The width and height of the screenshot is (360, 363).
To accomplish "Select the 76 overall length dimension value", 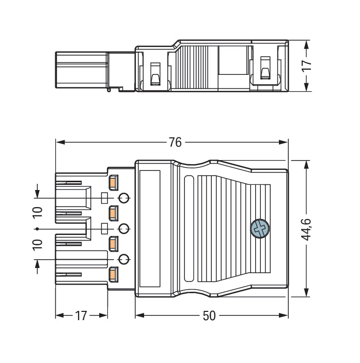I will (x=175, y=142).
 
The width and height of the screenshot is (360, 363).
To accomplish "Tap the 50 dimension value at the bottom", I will (x=209, y=316).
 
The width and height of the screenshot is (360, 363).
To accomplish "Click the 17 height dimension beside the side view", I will (x=307, y=65).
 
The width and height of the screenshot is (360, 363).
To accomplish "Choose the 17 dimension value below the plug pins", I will (x=81, y=316).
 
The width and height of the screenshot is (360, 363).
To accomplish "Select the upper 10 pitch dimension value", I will (x=37, y=213).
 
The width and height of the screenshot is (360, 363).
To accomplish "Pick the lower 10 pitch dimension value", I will (x=37, y=244).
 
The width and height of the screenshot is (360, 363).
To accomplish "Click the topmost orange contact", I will (x=114, y=182).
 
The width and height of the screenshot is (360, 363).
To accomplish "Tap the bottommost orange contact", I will (x=114, y=274).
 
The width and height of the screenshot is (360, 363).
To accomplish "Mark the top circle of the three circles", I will (x=124, y=198).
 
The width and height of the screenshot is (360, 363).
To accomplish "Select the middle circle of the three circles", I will (x=124, y=228).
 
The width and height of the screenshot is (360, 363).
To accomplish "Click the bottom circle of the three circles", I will (x=124, y=259).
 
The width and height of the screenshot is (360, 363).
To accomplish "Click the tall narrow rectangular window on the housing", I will (x=149, y=228).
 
